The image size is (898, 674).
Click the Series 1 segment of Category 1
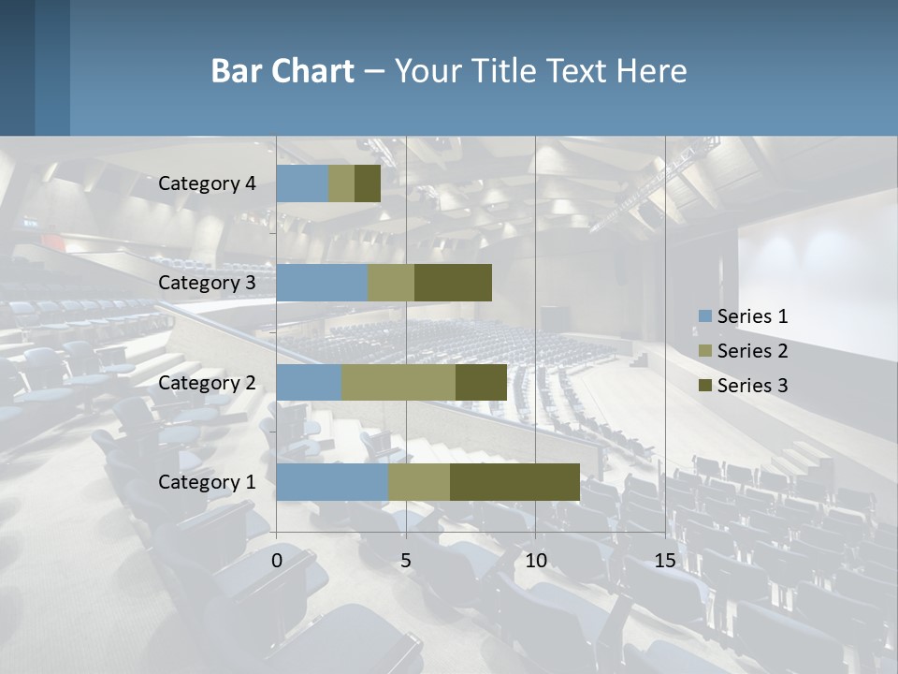[332, 481]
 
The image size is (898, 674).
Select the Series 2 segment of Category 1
[419, 481]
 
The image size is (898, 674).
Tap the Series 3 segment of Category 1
[514, 481]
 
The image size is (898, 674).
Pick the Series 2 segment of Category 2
[398, 382]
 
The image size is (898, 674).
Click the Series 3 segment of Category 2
[481, 382]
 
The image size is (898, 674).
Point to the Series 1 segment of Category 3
[322, 283]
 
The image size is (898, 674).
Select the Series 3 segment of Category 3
[453, 283]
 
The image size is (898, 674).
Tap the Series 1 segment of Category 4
[302, 183]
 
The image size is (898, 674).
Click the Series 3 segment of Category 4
[368, 183]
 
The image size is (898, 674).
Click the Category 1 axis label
[207, 482]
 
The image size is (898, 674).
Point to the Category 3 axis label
[207, 283]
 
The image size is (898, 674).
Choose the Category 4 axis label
[207, 183]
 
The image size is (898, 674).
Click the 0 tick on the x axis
[277, 561]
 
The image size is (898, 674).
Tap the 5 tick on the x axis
[406, 561]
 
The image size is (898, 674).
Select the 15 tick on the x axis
[665, 561]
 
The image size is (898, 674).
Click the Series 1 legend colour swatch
[705, 316]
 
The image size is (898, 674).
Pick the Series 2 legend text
[752, 351]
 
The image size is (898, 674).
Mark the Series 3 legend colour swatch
[705, 386]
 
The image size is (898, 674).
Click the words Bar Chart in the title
[282, 71]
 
